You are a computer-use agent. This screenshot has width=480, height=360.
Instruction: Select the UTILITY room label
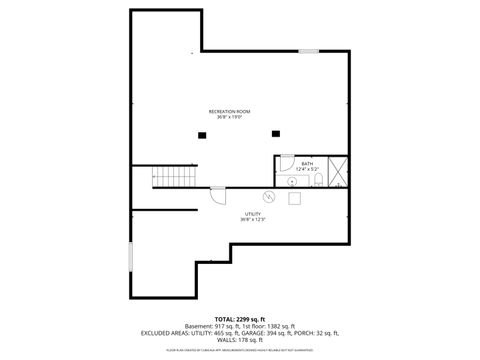(x=253, y=213)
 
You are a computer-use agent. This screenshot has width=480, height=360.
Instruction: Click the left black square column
(x=203, y=134)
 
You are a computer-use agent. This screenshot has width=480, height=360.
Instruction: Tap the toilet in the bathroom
(x=317, y=180)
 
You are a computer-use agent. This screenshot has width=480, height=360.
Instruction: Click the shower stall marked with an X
(x=337, y=172)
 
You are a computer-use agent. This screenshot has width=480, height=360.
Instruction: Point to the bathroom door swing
(x=286, y=168)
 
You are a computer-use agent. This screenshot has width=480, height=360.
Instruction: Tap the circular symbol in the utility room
(x=268, y=196)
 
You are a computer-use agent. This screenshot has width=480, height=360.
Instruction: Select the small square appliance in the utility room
(x=295, y=197)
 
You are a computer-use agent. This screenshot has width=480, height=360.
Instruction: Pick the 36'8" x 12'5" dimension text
(x=253, y=220)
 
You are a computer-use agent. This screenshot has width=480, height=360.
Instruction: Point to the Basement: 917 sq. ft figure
(x=214, y=326)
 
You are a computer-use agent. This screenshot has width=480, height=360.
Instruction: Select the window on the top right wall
(x=309, y=50)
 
